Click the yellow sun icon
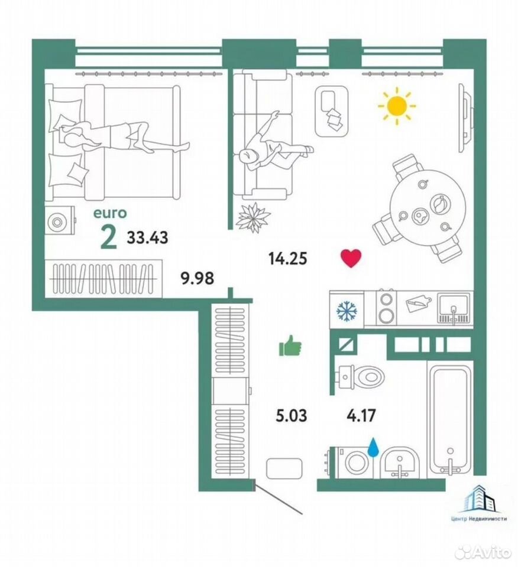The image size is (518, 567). [396, 106]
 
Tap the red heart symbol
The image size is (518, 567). [351, 258]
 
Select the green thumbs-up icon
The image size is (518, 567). [290, 346]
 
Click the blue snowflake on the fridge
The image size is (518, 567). [347, 310]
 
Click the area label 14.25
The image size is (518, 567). [288, 259]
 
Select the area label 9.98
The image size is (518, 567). [198, 278]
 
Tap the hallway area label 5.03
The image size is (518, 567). [291, 415]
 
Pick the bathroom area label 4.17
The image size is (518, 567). [361, 415]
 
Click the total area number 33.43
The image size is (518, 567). [147, 237]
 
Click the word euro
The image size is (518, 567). [110, 213]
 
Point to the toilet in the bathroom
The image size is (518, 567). [359, 377]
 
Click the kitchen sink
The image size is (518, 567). [453, 308]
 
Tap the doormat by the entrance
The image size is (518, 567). [284, 468]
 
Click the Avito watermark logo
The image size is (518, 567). [483, 552]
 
